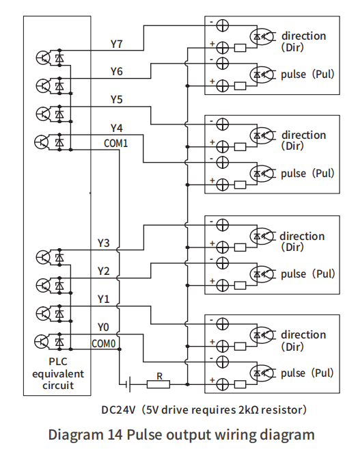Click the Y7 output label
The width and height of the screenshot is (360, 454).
click(117, 43)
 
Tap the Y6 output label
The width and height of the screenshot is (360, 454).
click(117, 71)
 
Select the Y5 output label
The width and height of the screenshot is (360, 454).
click(117, 100)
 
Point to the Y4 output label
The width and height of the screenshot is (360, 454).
click(117, 129)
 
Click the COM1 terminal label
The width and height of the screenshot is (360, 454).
click(115, 143)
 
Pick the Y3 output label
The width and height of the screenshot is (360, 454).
click(103, 243)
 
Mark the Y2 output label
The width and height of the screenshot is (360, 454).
click(103, 271)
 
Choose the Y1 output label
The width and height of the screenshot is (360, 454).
click(103, 299)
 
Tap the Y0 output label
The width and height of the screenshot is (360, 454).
click(103, 327)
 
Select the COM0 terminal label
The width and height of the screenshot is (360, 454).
click(104, 343)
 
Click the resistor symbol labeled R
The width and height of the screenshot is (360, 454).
click(158, 385)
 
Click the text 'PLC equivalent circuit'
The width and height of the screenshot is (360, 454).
click(57, 373)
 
